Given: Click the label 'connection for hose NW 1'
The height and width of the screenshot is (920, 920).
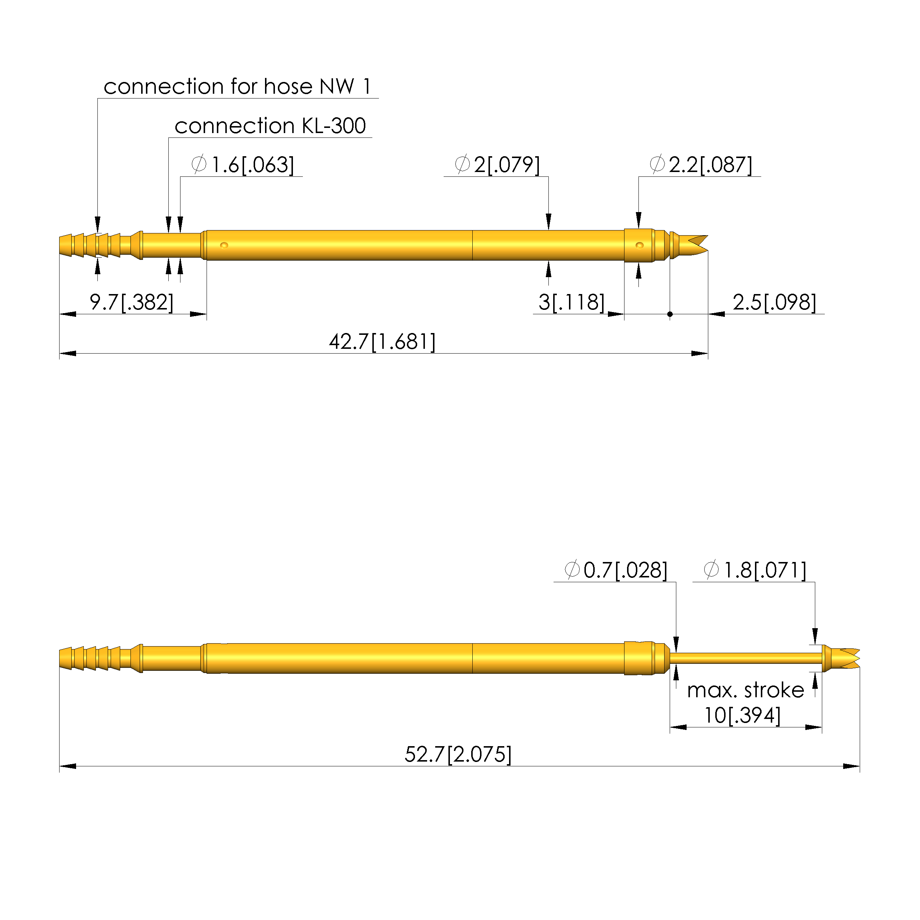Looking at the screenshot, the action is pyautogui.click(x=237, y=87).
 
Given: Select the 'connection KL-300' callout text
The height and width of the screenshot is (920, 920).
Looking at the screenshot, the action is pyautogui.click(x=270, y=126).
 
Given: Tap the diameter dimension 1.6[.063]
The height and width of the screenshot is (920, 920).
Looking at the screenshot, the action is pyautogui.click(x=243, y=165).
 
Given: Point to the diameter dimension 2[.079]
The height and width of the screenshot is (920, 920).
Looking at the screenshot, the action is pyautogui.click(x=498, y=165).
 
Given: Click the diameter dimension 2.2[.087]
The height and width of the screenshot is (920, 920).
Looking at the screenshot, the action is pyautogui.click(x=701, y=165).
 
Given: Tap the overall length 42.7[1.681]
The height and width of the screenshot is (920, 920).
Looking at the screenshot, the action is pyautogui.click(x=382, y=342).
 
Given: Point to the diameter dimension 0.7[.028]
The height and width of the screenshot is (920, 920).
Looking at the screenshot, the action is pyautogui.click(x=616, y=570).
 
